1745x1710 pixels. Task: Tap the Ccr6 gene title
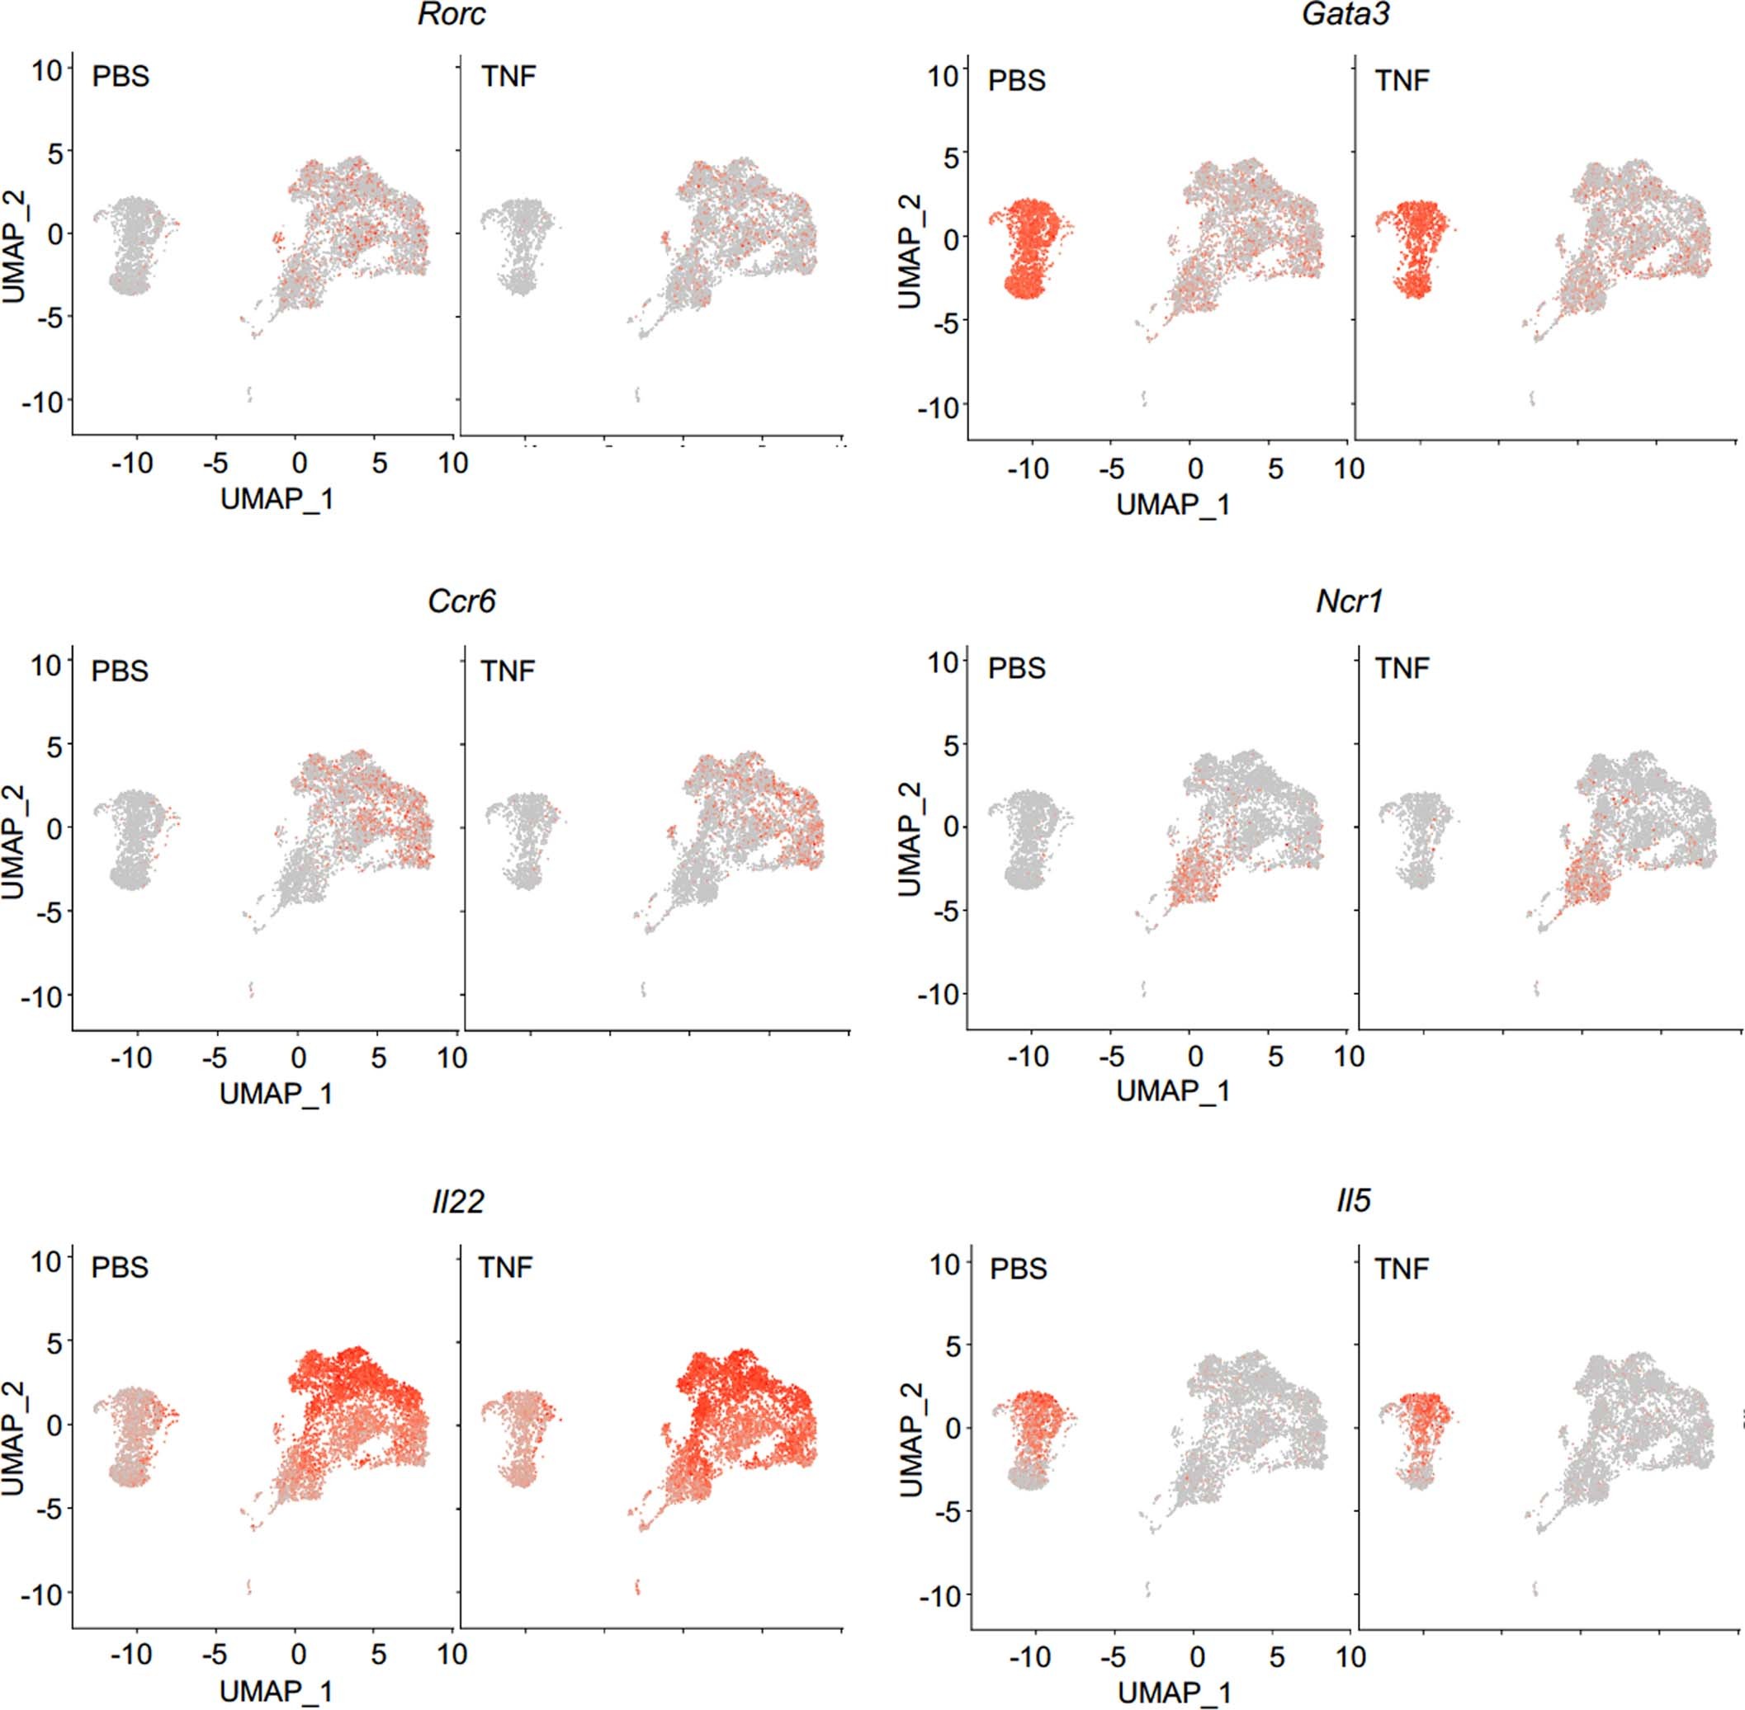pyautogui.click(x=461, y=601)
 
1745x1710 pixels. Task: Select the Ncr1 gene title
pyautogui.click(x=1349, y=601)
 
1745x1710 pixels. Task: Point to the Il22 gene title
pyautogui.click(x=457, y=1201)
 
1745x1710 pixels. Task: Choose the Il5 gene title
pyautogui.click(x=1353, y=1201)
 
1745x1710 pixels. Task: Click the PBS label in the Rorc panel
pyautogui.click(x=121, y=77)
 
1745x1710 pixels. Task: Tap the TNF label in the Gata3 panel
pyautogui.click(x=1402, y=81)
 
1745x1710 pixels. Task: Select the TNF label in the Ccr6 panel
pyautogui.click(x=508, y=671)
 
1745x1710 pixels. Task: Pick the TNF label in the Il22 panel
pyautogui.click(x=505, y=1267)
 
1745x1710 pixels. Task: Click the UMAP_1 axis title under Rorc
pyautogui.click(x=277, y=499)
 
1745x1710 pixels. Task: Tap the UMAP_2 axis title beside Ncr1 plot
pyautogui.click(x=910, y=838)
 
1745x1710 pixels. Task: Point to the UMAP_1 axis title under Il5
pyautogui.click(x=1174, y=1692)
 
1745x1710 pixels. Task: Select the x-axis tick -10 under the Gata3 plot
pyautogui.click(x=1027, y=469)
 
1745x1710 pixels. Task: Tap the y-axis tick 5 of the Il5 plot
pyautogui.click(x=949, y=1345)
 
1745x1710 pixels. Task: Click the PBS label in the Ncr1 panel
pyautogui.click(x=1016, y=669)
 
